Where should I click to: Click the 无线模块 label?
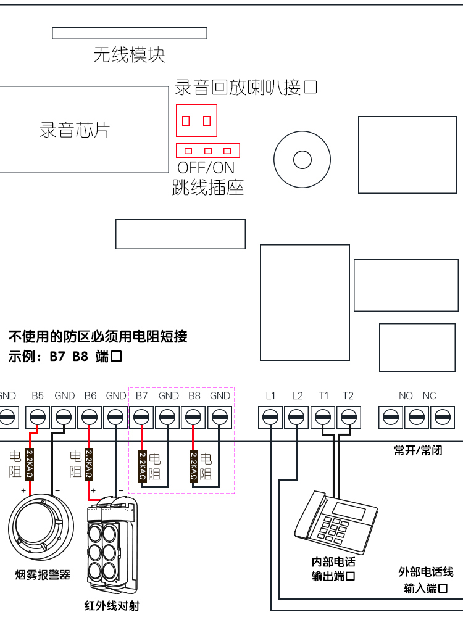129,55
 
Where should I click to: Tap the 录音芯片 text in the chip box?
75,130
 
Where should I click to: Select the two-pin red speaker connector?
197,121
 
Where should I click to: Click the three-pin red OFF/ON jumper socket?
208,151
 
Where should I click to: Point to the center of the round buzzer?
302,160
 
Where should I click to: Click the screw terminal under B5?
38,418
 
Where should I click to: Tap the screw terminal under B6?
90,418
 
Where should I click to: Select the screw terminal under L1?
270,418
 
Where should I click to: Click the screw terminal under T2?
348,418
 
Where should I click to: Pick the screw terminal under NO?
390,418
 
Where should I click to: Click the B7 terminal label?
142,395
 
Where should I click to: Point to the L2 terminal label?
297,395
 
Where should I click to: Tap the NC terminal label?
429,395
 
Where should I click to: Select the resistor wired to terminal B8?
193,466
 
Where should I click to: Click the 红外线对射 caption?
112,606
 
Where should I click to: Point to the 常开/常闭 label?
419,451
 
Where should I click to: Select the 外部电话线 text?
426,572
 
